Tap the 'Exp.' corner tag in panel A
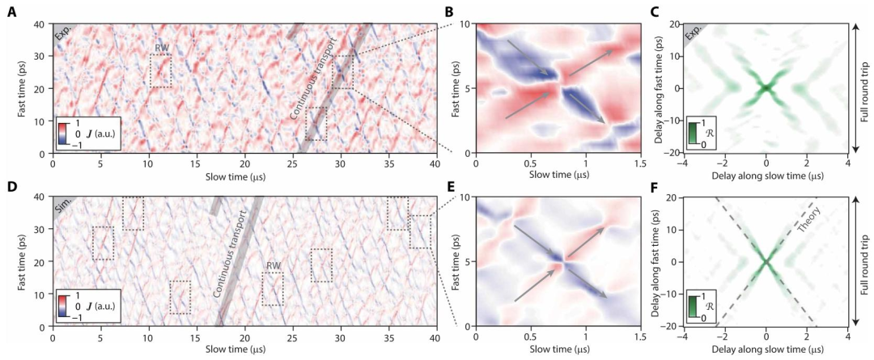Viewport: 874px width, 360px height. point(62,33)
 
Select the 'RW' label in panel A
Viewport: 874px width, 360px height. point(161,49)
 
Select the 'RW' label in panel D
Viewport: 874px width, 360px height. point(273,265)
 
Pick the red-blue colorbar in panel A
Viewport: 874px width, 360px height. point(62,133)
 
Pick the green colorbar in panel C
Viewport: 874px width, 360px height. point(692,133)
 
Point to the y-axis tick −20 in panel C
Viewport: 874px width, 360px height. point(672,153)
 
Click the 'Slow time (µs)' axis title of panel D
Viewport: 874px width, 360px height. point(244,349)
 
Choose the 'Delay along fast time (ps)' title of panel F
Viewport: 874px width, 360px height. point(656,260)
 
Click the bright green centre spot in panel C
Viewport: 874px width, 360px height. point(766,87)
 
